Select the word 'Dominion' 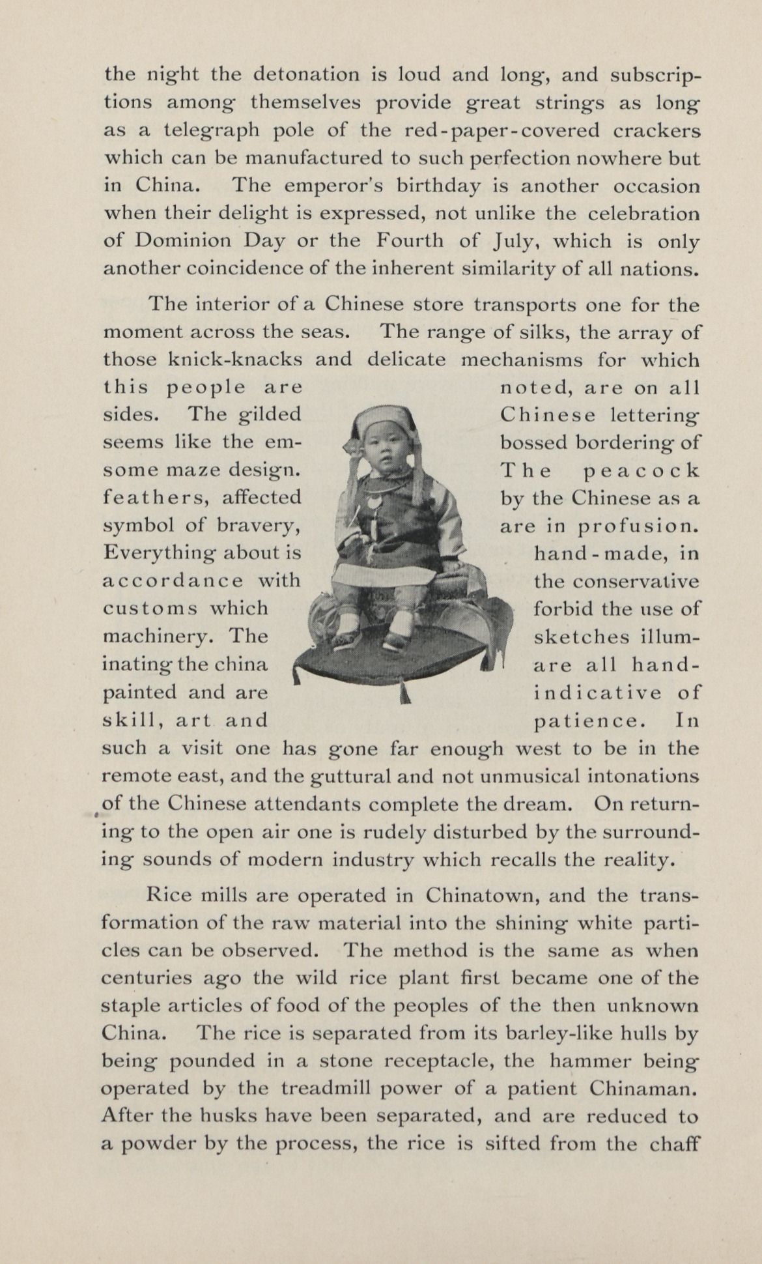tap(183, 241)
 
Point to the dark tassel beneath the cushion tap(406, 695)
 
